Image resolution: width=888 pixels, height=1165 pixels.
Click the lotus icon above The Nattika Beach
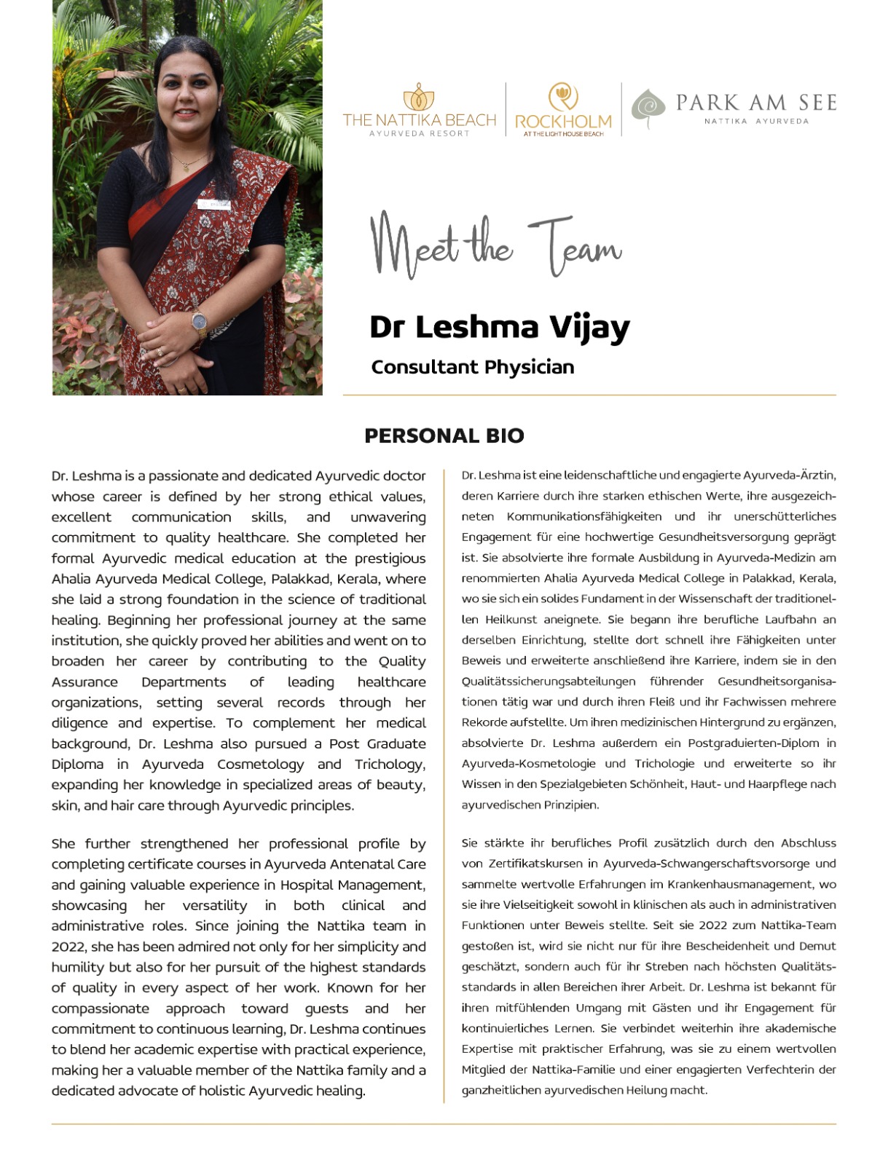pyautogui.click(x=419, y=96)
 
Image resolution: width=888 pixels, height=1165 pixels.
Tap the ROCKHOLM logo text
pyautogui.click(x=563, y=121)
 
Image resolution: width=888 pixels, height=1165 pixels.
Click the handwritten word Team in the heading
pyautogui.click(x=575, y=246)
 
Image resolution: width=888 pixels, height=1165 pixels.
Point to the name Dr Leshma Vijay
pyautogui.click(x=499, y=327)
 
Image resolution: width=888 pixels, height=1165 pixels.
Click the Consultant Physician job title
pyautogui.click(x=472, y=367)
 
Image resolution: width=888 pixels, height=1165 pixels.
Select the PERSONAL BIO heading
pyautogui.click(x=444, y=435)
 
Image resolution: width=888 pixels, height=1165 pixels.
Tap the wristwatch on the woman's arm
pyautogui.click(x=199, y=320)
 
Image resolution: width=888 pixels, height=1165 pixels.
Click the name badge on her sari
pyautogui.click(x=214, y=205)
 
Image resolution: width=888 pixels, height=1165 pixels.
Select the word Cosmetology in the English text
pyautogui.click(x=261, y=764)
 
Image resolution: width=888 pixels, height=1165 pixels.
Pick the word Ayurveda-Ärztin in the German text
pyautogui.click(x=790, y=475)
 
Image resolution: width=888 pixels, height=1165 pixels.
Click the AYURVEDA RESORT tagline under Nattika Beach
pyautogui.click(x=420, y=133)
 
